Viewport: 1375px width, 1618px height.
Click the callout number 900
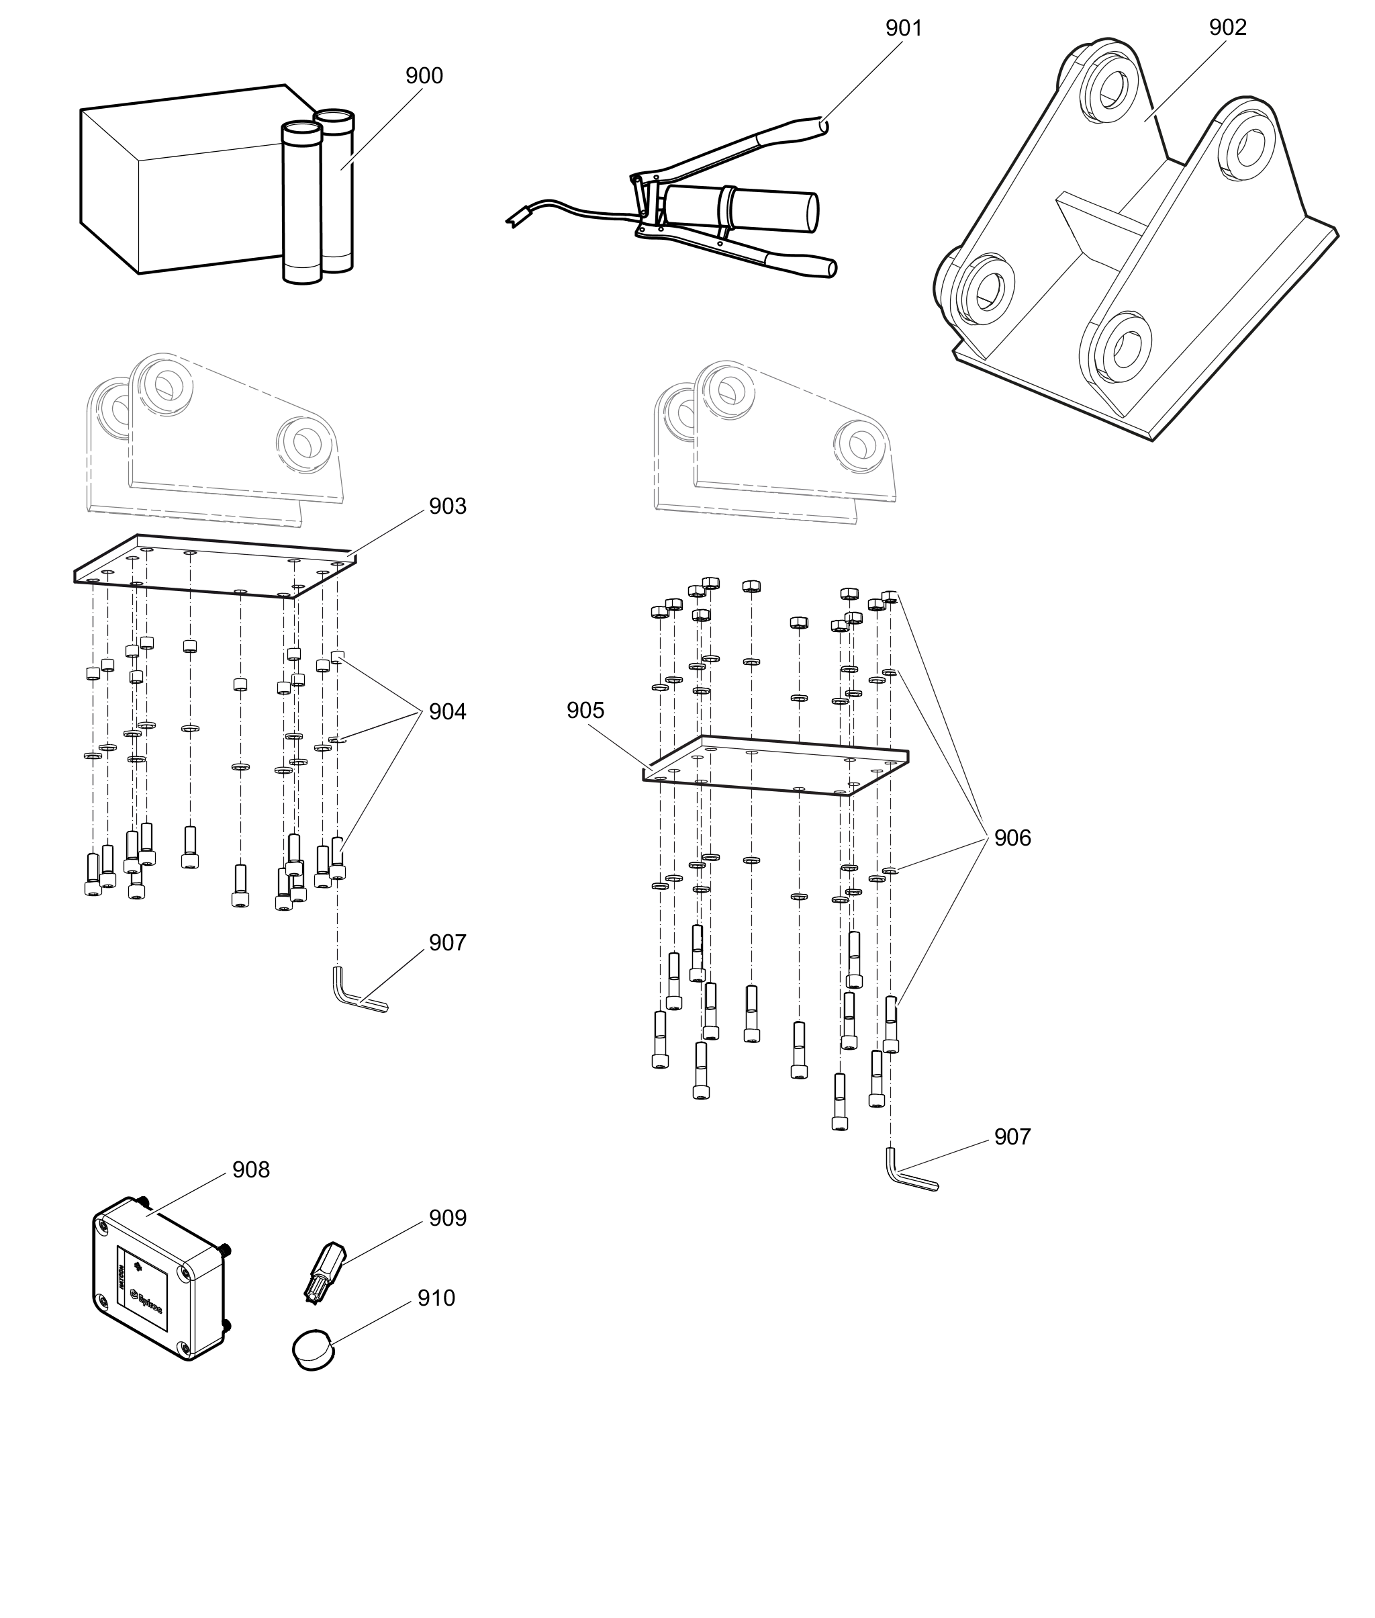pyautogui.click(x=424, y=76)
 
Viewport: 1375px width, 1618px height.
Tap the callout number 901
pyautogui.click(x=904, y=28)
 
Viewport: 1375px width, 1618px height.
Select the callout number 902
pyautogui.click(x=1228, y=28)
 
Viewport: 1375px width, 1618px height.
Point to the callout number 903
pyautogui.click(x=447, y=506)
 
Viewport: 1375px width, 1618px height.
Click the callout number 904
pyautogui.click(x=447, y=712)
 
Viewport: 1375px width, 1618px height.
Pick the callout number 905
pyautogui.click(x=585, y=711)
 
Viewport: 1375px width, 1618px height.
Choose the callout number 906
pyautogui.click(x=1012, y=838)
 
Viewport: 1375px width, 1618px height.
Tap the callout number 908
pyautogui.click(x=251, y=1169)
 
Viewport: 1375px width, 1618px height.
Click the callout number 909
pyautogui.click(x=447, y=1218)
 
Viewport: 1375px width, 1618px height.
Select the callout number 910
pyautogui.click(x=436, y=1298)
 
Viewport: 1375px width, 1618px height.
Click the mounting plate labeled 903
pyautogui.click(x=214, y=567)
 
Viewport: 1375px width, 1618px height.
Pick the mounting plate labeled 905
pyautogui.click(x=775, y=766)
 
